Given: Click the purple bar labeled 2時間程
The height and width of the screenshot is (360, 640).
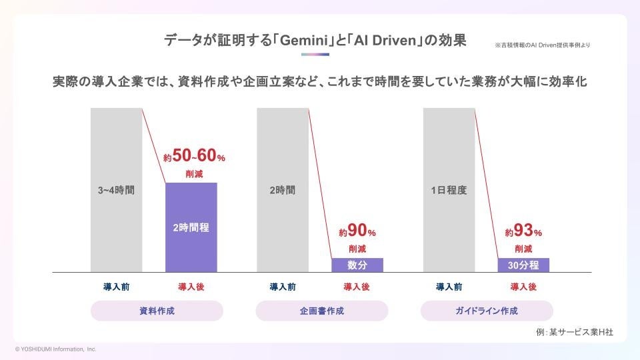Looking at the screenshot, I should pyautogui.click(x=191, y=227).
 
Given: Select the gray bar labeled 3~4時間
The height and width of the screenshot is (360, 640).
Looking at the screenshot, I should pyautogui.click(x=116, y=190).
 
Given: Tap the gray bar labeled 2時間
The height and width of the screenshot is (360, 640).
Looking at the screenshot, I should pyautogui.click(x=283, y=190).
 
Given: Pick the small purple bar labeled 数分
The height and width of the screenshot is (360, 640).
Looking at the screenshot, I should pyautogui.click(x=357, y=265).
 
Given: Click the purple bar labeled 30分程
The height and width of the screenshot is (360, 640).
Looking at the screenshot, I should pyautogui.click(x=523, y=265).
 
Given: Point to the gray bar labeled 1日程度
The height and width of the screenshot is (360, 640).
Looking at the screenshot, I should pyautogui.click(x=449, y=190).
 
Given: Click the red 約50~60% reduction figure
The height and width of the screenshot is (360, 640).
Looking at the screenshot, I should pyautogui.click(x=195, y=157).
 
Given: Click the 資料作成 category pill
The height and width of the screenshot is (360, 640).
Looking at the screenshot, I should pyautogui.click(x=157, y=311).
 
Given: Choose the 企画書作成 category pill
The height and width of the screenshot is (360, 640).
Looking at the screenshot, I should pyautogui.click(x=322, y=311).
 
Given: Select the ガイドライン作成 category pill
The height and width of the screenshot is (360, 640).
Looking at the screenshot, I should pyautogui.click(x=487, y=311).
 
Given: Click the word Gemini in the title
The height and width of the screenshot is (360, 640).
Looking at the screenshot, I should pyautogui.click(x=306, y=40).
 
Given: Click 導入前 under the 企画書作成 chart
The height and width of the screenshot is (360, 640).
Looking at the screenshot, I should pyautogui.click(x=283, y=287).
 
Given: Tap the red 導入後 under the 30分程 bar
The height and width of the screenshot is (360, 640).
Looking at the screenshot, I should pyautogui.click(x=523, y=287).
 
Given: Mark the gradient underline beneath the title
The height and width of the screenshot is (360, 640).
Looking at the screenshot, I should pyautogui.click(x=316, y=54).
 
